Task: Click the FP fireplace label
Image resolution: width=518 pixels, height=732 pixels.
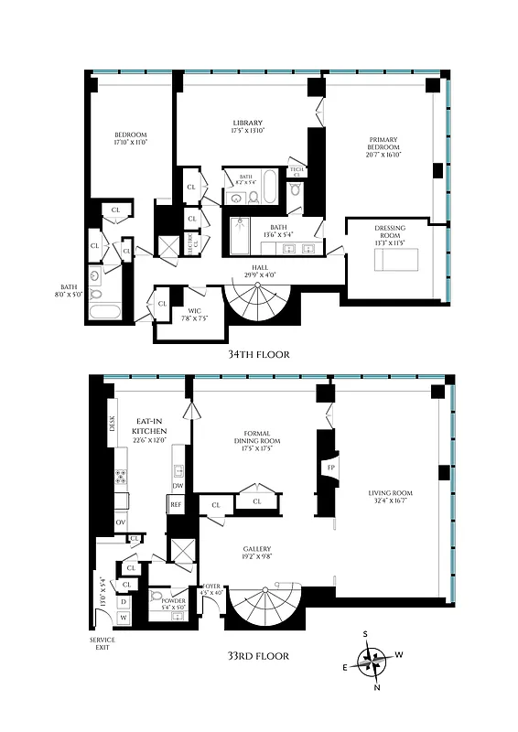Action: (330, 468)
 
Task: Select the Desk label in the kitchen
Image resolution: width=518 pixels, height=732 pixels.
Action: (113, 425)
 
